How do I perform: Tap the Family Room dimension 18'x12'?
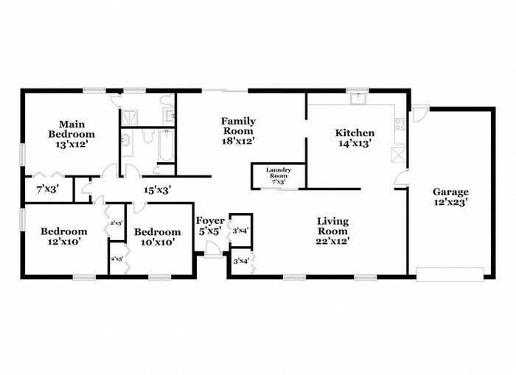click(x=239, y=140)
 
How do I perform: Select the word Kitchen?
click(x=355, y=133)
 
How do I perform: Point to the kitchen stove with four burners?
click(x=401, y=125)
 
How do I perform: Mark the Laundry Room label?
click(x=279, y=173)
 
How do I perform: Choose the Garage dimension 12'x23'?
click(x=450, y=200)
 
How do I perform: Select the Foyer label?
click(x=209, y=221)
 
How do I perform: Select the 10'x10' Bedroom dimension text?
click(x=158, y=241)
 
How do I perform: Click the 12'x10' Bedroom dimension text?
click(x=63, y=241)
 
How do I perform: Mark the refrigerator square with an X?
click(x=400, y=155)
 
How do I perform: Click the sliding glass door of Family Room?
click(x=225, y=91)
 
